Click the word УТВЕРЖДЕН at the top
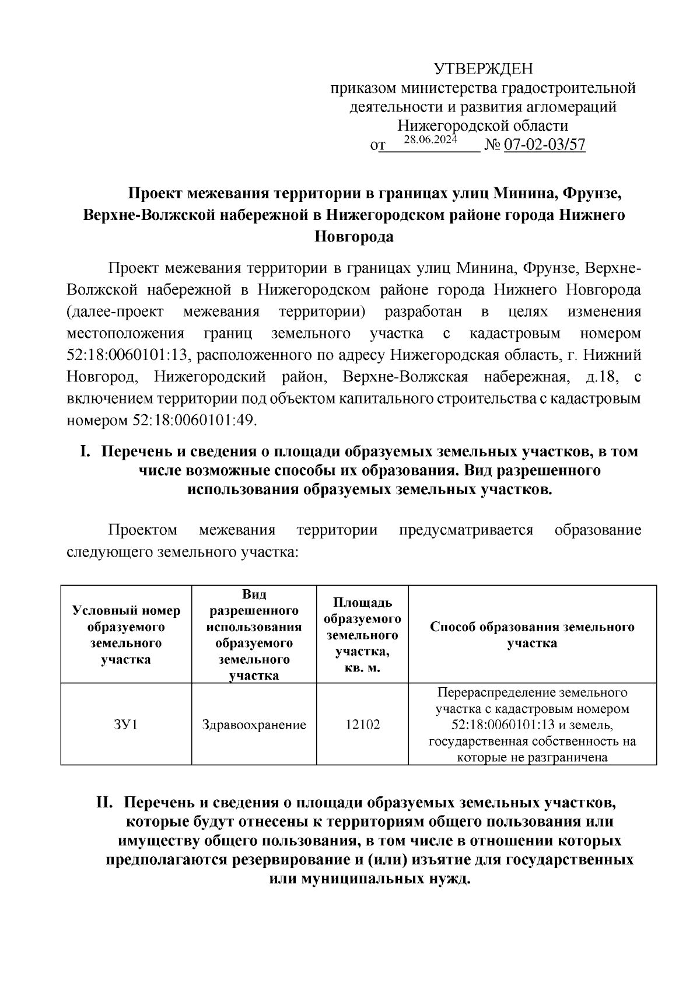click(483, 70)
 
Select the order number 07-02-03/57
click(544, 145)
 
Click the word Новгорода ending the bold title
click(353, 237)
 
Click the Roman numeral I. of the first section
click(85, 452)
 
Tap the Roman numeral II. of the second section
click(107, 803)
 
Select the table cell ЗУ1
click(126, 725)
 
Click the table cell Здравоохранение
click(254, 725)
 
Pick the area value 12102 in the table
click(362, 725)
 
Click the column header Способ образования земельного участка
click(531, 635)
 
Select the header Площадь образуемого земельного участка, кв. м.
click(362, 635)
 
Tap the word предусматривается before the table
click(466, 530)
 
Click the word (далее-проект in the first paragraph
click(115, 312)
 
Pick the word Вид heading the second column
click(254, 594)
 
